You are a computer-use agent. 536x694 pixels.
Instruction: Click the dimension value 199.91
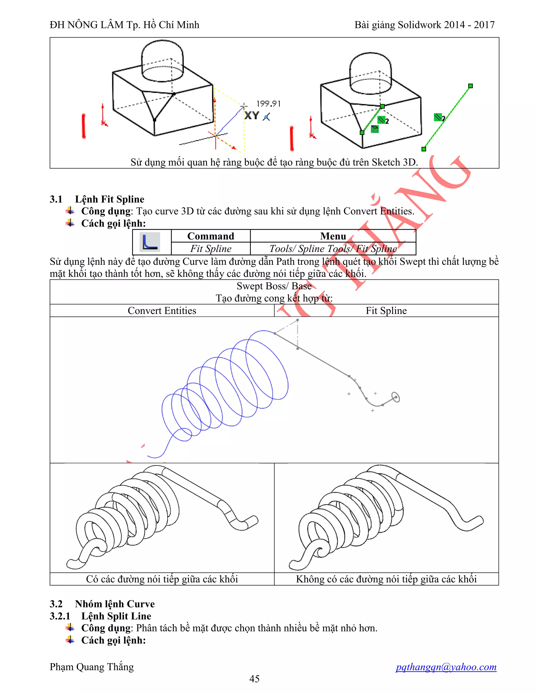[268, 104]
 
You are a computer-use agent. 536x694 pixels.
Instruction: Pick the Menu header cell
[333, 236]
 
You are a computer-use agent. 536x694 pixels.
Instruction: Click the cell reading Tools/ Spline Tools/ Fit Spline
[333, 249]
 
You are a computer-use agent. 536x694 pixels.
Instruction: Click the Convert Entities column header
[162, 310]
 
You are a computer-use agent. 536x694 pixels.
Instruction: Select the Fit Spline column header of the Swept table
[386, 310]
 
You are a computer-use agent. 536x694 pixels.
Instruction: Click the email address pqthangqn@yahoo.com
[446, 667]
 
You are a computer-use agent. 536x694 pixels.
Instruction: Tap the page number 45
[254, 679]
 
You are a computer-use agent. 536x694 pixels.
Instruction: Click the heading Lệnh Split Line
[116, 616]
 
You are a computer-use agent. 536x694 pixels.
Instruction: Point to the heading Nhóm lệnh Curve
[115, 604]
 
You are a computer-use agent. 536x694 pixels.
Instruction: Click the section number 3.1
[56, 199]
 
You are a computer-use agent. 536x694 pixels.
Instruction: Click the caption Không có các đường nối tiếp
[386, 579]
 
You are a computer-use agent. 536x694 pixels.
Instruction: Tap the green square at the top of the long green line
[470, 86]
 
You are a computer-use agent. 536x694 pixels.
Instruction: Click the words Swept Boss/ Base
[274, 286]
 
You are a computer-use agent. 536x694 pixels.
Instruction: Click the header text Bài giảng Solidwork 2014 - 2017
[424, 25]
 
